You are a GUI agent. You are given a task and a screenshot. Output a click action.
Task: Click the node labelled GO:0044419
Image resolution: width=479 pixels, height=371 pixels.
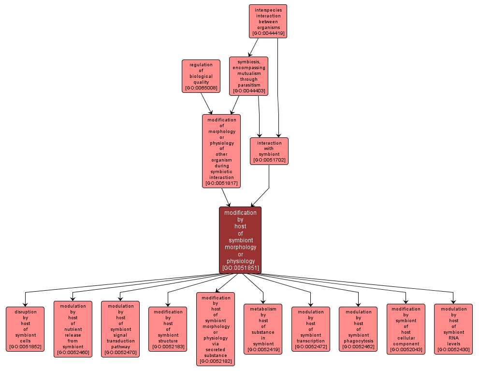pyautogui.click(x=268, y=21)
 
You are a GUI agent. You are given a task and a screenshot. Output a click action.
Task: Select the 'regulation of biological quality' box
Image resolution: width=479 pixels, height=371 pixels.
pyautogui.click(x=201, y=76)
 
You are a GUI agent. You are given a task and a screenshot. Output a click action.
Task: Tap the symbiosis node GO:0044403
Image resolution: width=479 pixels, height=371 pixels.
pyautogui.click(x=249, y=76)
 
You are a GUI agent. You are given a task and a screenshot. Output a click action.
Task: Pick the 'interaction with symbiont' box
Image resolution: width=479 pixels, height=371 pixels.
pyautogui.click(x=269, y=151)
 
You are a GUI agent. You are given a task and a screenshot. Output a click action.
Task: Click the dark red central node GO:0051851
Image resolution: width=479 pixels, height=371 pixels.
pyautogui.click(x=240, y=240)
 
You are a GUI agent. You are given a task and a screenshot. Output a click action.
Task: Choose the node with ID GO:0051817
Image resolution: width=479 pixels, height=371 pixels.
pyautogui.click(x=221, y=151)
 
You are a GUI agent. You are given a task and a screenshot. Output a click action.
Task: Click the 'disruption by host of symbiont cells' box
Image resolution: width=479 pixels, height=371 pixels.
pyautogui.click(x=25, y=329)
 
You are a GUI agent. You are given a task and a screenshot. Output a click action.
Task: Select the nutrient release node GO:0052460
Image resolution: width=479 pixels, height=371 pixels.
pyautogui.click(x=73, y=329)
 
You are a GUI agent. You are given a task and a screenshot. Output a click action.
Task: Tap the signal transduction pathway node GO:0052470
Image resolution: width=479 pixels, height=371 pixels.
pyautogui.click(x=120, y=329)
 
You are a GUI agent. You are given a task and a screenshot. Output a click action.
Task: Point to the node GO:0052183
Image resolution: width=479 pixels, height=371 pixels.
pyautogui.click(x=168, y=329)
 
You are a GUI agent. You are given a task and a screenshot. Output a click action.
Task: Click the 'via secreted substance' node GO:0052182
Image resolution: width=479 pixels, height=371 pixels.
pyautogui.click(x=216, y=329)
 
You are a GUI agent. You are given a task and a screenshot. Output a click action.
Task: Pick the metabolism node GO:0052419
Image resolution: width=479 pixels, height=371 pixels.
pyautogui.click(x=263, y=329)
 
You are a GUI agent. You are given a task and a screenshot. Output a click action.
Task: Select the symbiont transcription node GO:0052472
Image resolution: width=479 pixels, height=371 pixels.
pyautogui.click(x=311, y=329)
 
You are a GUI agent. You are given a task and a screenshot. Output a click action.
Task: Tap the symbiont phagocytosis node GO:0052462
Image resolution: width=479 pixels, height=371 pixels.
pyautogui.click(x=358, y=329)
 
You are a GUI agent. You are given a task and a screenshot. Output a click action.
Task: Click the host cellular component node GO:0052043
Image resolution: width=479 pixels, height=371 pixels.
pyautogui.click(x=406, y=329)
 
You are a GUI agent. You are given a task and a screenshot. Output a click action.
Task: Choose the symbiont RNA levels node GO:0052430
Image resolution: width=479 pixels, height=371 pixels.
pyautogui.click(x=453, y=329)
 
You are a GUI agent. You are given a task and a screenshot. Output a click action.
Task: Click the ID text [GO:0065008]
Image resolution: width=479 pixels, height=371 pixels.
pyautogui.click(x=201, y=89)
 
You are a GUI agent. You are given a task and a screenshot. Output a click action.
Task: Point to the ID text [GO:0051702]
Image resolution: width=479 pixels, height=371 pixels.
pyautogui.click(x=269, y=160)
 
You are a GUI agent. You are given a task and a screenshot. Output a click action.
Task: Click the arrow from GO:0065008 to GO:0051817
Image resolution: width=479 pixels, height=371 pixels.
pyautogui.click(x=206, y=103)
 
